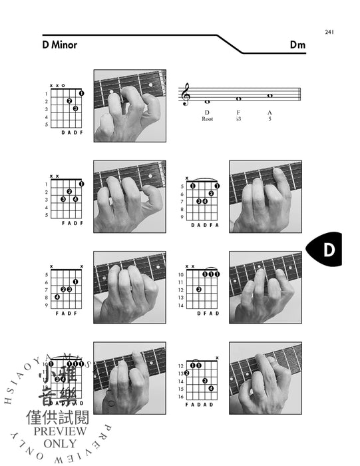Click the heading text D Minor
click(x=59, y=45)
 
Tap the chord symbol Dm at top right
click(x=297, y=45)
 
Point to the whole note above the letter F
click(x=238, y=99)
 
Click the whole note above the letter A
click(x=270, y=95)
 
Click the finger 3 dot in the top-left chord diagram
click(x=76, y=109)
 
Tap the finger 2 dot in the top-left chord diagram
click(x=69, y=101)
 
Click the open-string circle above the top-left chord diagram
click(x=63, y=86)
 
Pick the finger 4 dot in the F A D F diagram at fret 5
click(x=57, y=297)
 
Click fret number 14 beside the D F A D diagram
click(x=180, y=305)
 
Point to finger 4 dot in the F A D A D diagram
click(x=210, y=388)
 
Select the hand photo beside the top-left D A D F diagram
click(x=129, y=105)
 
